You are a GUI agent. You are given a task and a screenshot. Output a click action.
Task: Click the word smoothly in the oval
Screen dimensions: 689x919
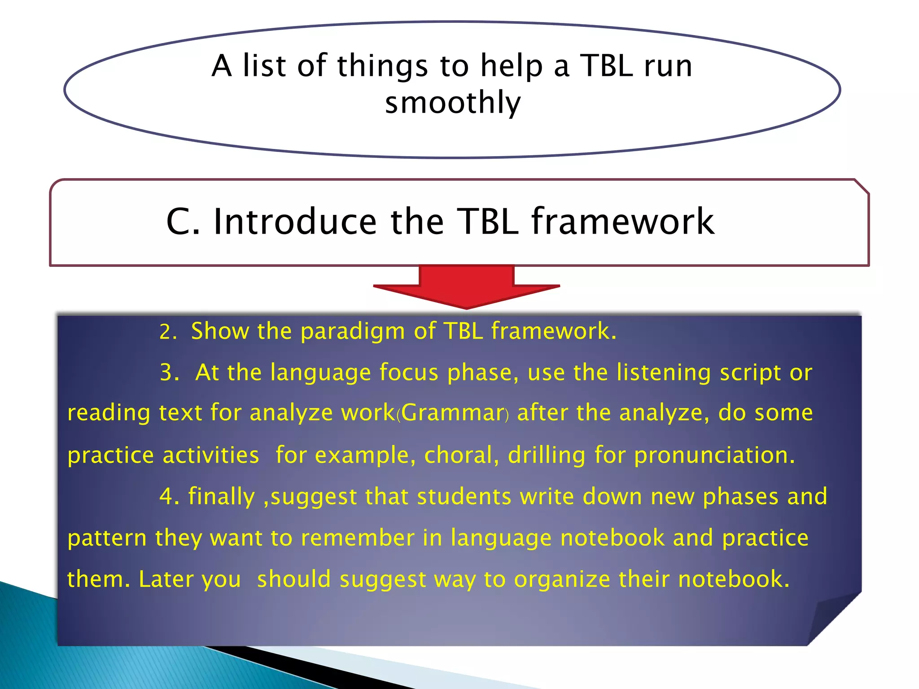(453, 103)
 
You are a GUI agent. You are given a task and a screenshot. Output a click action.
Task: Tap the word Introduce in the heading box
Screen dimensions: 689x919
(295, 222)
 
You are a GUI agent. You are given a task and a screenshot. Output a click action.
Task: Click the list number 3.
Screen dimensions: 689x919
(169, 373)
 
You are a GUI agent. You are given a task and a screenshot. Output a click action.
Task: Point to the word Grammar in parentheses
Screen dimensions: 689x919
(453, 413)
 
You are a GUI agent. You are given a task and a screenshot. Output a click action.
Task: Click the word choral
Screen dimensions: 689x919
(461, 455)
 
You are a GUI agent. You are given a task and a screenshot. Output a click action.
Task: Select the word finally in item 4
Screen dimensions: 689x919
(221, 497)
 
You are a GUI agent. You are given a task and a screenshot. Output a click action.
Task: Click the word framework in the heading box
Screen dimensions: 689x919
(623, 222)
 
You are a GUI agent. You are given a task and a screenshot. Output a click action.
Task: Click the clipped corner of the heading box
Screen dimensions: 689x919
(862, 187)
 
